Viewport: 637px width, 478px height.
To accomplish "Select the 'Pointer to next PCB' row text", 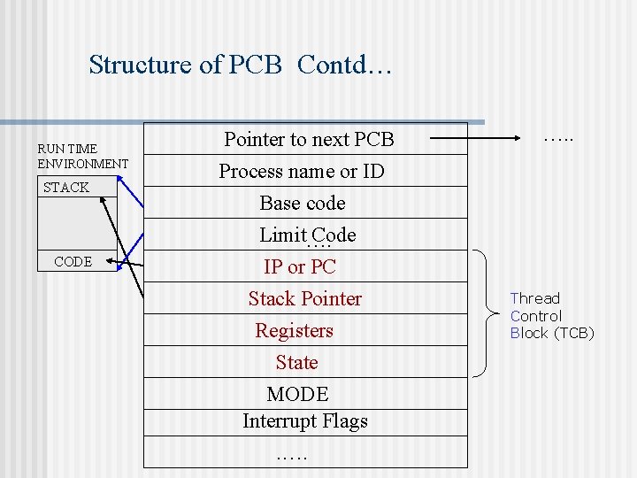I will click(309, 139).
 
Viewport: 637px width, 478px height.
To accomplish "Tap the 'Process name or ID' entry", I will click(302, 171).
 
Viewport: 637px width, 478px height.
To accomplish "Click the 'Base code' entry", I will click(303, 203).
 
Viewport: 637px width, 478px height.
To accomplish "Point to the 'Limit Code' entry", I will click(307, 235).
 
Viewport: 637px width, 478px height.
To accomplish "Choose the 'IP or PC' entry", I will click(300, 266).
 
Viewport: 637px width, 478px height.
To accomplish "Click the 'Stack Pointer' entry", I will click(305, 298).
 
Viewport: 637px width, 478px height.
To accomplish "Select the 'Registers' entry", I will click(295, 330).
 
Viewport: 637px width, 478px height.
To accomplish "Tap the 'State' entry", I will click(296, 362).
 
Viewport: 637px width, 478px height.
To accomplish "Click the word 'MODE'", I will click(297, 394).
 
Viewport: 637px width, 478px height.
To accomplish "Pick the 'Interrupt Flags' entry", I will click(305, 420).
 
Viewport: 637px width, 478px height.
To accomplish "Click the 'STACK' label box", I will click(67, 188).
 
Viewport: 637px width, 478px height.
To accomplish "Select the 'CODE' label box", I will click(73, 261).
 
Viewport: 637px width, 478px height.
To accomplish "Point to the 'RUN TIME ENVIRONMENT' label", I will click(83, 156).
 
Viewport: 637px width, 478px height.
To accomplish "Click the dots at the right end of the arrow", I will click(558, 138).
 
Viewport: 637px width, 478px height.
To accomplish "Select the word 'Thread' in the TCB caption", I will click(535, 299).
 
